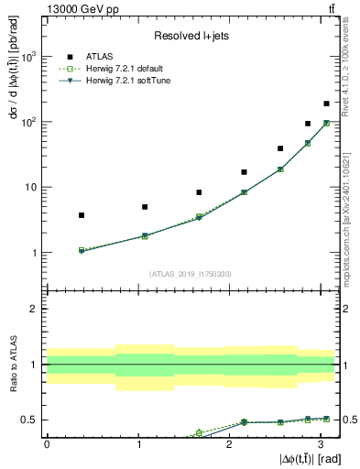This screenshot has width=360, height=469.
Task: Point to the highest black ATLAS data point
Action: [326, 104]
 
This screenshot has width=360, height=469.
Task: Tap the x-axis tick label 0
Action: [46, 442]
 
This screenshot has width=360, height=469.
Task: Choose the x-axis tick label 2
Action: [228, 442]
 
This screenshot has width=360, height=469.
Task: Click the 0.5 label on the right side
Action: [348, 420]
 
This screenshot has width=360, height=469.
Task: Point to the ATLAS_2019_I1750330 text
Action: [191, 273]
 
